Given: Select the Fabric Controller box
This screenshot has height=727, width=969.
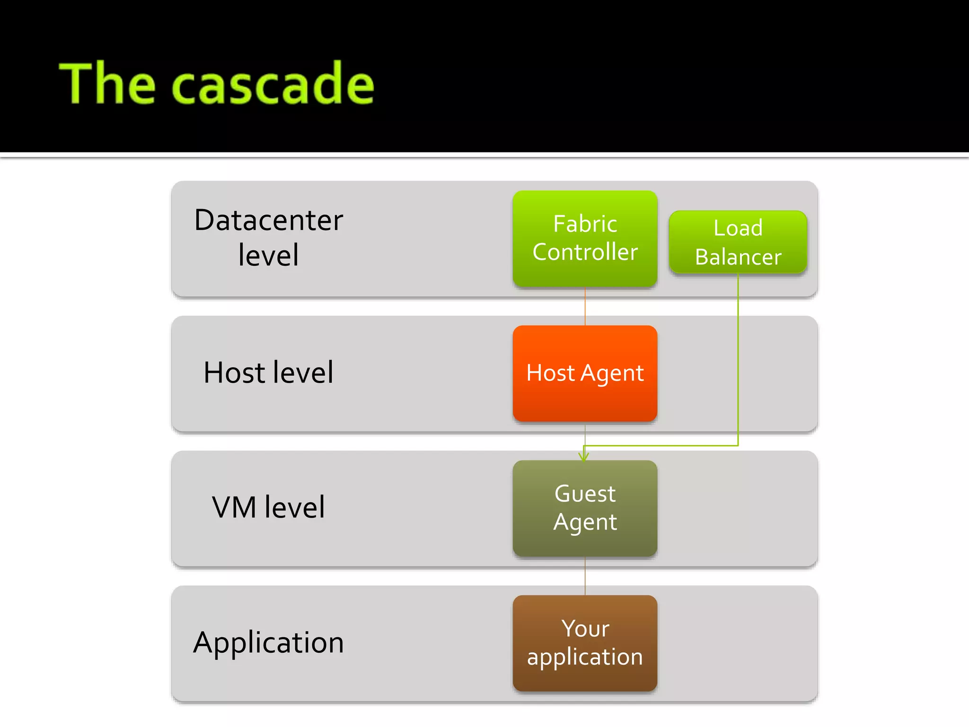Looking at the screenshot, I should coord(585,238).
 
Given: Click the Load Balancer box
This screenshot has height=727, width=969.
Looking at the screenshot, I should coord(738,242).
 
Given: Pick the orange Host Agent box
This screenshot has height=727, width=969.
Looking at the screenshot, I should coord(585,373).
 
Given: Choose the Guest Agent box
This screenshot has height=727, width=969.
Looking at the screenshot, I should coord(585,508).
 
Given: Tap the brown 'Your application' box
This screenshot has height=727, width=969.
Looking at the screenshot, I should coord(585,643).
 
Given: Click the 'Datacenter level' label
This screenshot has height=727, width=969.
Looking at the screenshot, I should coord(268,238).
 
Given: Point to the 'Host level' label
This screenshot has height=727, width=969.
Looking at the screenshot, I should coord(268,372).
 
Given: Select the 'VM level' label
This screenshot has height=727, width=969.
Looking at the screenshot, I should coord(268,507).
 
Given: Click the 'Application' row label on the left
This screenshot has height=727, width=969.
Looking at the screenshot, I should coord(268,643).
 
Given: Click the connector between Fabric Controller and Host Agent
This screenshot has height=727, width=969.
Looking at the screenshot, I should coord(585,306).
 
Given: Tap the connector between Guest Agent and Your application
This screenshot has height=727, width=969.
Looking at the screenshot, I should coord(585,576).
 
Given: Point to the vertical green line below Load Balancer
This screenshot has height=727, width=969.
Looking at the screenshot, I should coord(738,360).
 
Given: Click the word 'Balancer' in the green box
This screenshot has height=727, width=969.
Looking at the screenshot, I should coord(738,257).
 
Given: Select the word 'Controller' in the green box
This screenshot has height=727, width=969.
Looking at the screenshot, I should coord(585,252).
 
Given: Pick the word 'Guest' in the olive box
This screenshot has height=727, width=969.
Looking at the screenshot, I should coord(585,494).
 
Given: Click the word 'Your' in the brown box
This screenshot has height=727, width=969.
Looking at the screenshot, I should coord(585,629).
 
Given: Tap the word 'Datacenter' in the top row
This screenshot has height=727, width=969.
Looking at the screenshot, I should coord(268,221).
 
